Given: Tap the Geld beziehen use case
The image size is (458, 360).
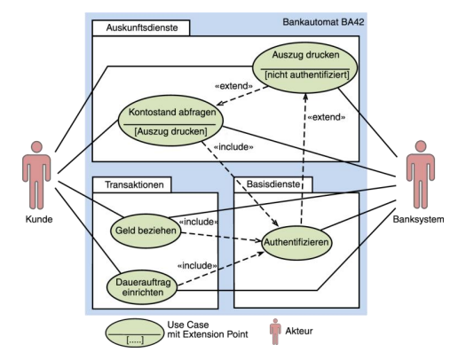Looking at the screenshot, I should tap(142, 230).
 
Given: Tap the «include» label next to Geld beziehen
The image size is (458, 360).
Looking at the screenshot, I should tap(199, 222).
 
